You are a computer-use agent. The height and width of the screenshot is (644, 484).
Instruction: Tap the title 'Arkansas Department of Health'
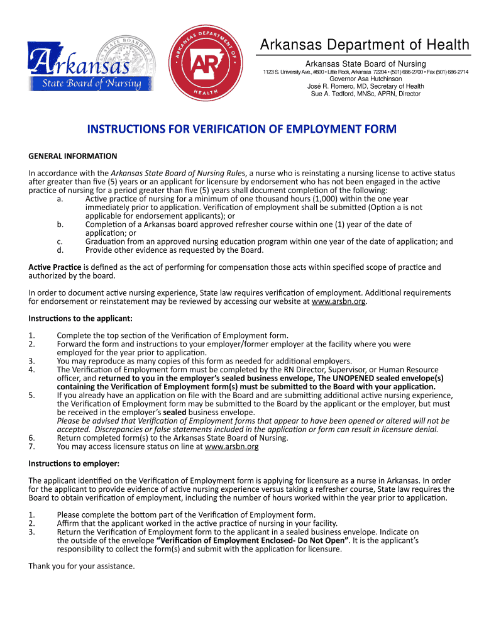click(x=365, y=45)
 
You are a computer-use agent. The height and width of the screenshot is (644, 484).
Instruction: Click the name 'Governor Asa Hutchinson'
click(x=365, y=79)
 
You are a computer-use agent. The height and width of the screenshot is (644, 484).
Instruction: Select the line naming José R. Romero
click(x=365, y=86)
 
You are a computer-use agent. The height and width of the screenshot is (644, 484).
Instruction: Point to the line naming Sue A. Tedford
click(x=365, y=94)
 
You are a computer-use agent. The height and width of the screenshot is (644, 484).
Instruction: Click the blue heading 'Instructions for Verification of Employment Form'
click(x=242, y=130)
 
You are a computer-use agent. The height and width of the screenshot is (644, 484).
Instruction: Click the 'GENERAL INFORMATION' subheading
click(x=73, y=156)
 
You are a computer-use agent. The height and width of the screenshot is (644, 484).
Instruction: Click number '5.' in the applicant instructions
click(x=31, y=396)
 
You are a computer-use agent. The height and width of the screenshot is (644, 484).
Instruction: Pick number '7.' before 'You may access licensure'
click(x=31, y=447)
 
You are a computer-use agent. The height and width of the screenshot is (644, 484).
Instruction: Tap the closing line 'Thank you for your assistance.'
click(x=82, y=566)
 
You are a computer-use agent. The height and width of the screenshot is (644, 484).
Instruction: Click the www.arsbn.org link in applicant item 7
click(x=231, y=447)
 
